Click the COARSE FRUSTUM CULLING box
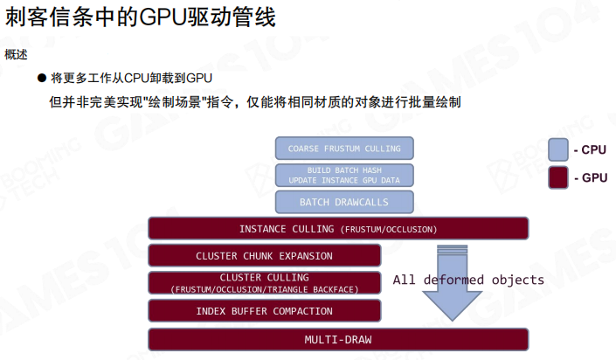[344, 149]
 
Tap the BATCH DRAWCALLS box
[344, 202]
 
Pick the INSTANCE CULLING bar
[338, 229]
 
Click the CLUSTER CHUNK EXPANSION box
[264, 256]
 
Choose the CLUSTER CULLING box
[264, 282]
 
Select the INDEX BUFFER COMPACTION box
[264, 310]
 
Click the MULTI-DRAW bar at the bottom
[338, 339]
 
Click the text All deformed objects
[468, 280]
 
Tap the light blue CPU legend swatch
[558, 149]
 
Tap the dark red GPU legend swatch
[558, 177]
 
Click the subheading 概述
[16, 54]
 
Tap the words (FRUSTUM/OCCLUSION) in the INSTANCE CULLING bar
[387, 230]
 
